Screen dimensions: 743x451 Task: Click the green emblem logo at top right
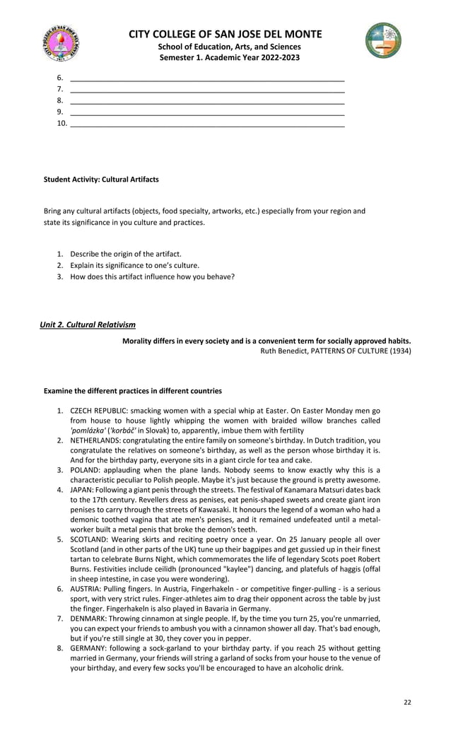point(383,40)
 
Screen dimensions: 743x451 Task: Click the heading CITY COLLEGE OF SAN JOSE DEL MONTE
point(225,34)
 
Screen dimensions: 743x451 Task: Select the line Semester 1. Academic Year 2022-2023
point(225,57)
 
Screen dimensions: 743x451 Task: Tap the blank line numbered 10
point(208,123)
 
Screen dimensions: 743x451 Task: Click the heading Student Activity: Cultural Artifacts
point(101,180)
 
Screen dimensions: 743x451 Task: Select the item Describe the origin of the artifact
point(126,254)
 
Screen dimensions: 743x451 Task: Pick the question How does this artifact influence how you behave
point(152,276)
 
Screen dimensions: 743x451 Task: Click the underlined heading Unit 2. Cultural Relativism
point(88,324)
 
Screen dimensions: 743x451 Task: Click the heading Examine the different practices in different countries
point(133,391)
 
